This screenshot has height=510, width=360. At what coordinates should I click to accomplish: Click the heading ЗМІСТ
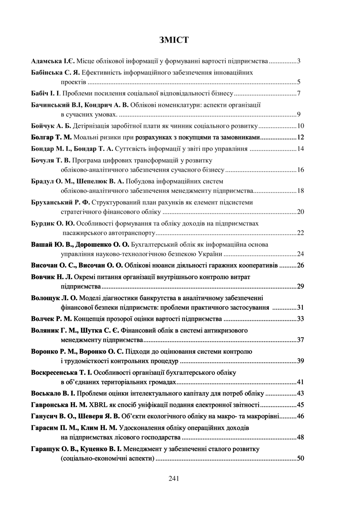click(x=174, y=40)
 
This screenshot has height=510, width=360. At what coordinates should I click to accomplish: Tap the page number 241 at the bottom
click(x=174, y=478)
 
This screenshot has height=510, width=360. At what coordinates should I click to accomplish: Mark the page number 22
click(x=300, y=233)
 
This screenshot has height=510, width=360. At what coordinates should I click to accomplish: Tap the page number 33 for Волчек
click(x=300, y=319)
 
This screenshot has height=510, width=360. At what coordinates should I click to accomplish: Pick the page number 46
click(x=300, y=416)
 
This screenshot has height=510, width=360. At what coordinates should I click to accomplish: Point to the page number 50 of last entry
click(x=300, y=458)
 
